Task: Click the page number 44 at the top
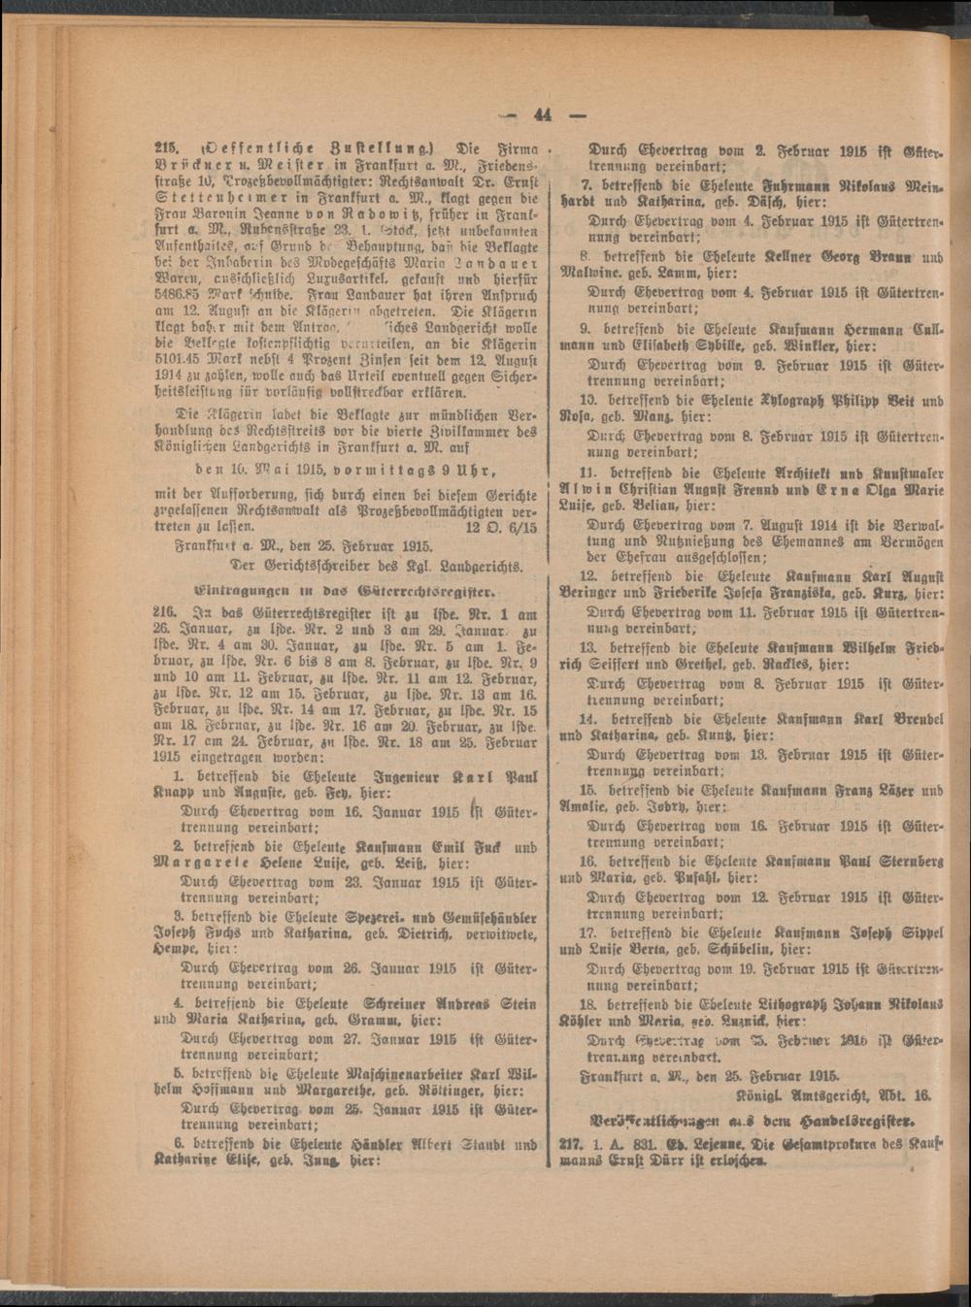(x=541, y=114)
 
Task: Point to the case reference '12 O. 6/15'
(x=496, y=527)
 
